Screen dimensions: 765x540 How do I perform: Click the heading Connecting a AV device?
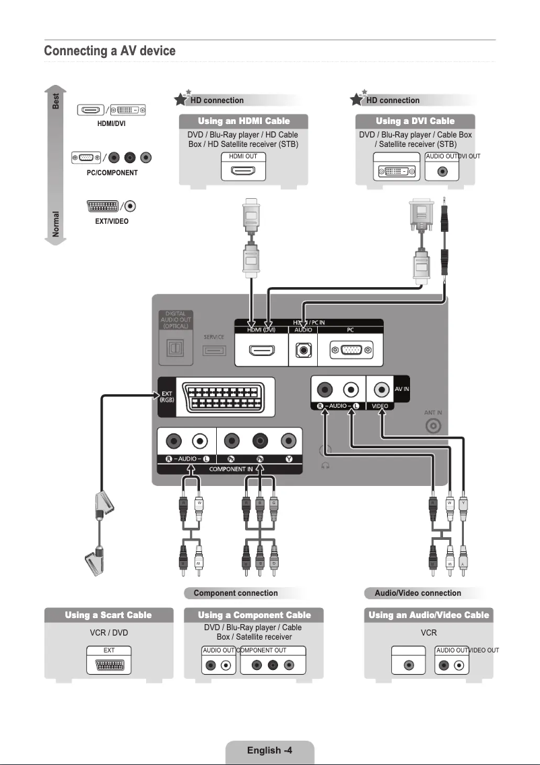pyautogui.click(x=110, y=51)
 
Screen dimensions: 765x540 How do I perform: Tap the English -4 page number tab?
pyautogui.click(x=269, y=750)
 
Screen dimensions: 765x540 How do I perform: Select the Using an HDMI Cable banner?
pyautogui.click(x=244, y=121)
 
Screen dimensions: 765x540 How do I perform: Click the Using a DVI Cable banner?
pyautogui.click(x=415, y=121)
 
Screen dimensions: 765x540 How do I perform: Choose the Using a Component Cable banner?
pyautogui.click(x=254, y=615)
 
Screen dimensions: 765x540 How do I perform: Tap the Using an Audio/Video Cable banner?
pyautogui.click(x=428, y=615)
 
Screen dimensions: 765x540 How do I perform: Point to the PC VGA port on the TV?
pyautogui.click(x=349, y=350)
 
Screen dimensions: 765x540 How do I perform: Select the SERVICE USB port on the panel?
pyautogui.click(x=214, y=350)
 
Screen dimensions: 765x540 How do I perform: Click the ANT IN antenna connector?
pyautogui.click(x=434, y=426)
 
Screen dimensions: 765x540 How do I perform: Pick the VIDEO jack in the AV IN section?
pyautogui.click(x=383, y=389)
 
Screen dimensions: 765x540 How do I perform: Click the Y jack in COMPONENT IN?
pyautogui.click(x=288, y=441)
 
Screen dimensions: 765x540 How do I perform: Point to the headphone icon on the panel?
pyautogui.click(x=325, y=466)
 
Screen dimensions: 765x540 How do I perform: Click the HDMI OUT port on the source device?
pyautogui.click(x=243, y=171)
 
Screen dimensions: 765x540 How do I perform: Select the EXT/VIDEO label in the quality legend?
pyautogui.click(x=111, y=221)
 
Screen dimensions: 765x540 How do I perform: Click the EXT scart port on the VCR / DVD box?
pyautogui.click(x=108, y=665)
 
